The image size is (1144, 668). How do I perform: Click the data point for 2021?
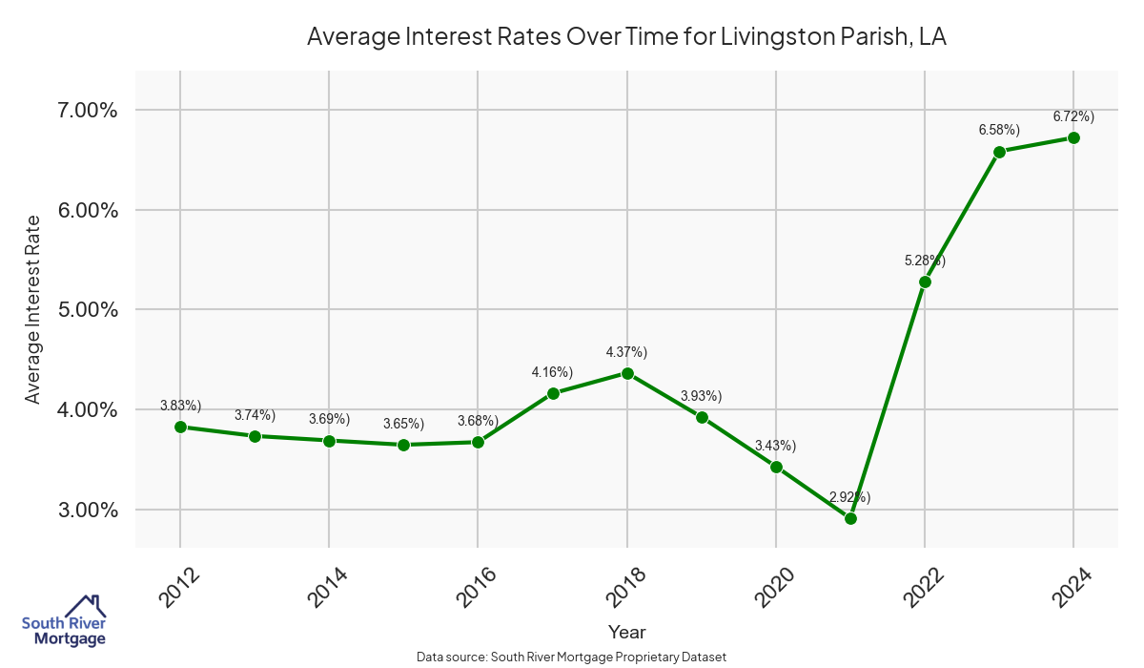click(x=850, y=518)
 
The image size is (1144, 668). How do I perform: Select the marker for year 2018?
click(x=627, y=373)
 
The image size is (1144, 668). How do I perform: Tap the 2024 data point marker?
click(x=1073, y=137)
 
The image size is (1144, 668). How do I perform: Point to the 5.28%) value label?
click(x=925, y=260)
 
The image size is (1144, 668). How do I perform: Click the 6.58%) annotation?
click(x=999, y=129)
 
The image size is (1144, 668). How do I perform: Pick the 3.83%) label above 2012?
click(x=180, y=405)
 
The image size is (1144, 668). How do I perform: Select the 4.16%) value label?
click(x=552, y=371)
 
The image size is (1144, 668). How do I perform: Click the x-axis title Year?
click(x=626, y=632)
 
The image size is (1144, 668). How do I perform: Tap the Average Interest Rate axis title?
click(x=33, y=309)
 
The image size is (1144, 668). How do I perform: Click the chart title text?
click(x=626, y=37)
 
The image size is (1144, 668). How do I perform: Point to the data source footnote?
click(x=571, y=657)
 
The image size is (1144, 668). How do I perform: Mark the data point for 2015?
click(x=403, y=445)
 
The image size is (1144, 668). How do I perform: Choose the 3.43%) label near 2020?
click(x=775, y=446)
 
